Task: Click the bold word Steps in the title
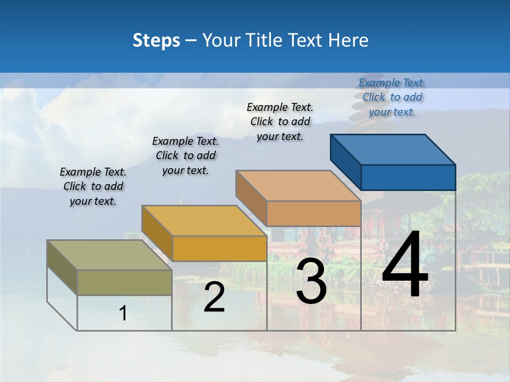click(x=156, y=40)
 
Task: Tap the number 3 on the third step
click(x=311, y=281)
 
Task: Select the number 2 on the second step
click(x=214, y=297)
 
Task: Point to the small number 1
click(x=123, y=314)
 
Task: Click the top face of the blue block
click(x=393, y=149)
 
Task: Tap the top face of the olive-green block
click(x=109, y=255)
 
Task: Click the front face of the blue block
click(x=408, y=177)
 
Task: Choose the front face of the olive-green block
click(x=124, y=282)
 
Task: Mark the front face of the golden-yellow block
click(x=219, y=248)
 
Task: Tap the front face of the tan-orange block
click(x=313, y=213)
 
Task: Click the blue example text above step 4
click(x=392, y=97)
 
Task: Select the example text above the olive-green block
click(x=93, y=186)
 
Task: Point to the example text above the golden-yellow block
click(x=185, y=155)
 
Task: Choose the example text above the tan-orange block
click(x=280, y=121)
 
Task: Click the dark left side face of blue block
click(x=345, y=161)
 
